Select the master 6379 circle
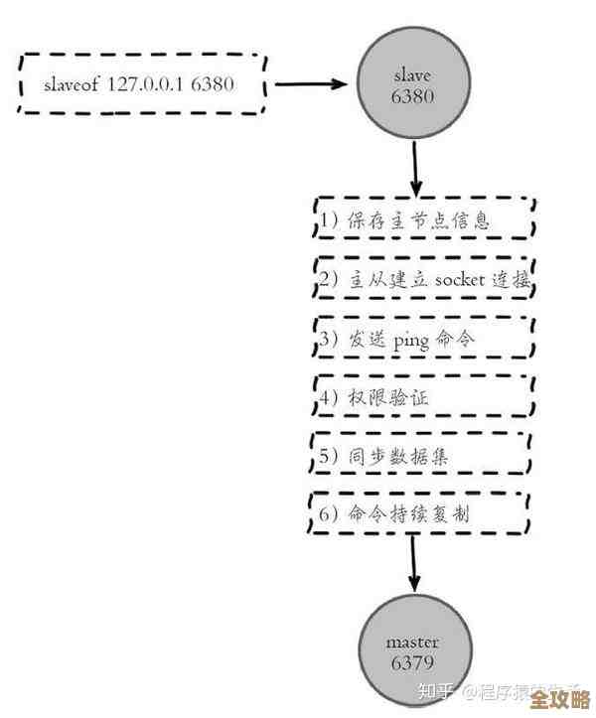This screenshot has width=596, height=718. coord(412,651)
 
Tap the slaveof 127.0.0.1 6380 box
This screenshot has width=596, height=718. coord(141,83)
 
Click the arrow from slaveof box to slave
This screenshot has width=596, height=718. coord(316,84)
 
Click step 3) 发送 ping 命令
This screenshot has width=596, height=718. coord(422,340)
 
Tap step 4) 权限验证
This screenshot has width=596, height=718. coord(422,398)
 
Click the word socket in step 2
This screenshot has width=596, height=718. coord(459,280)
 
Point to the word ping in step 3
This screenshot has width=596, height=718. coord(411,340)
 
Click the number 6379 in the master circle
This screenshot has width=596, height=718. coord(412,662)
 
